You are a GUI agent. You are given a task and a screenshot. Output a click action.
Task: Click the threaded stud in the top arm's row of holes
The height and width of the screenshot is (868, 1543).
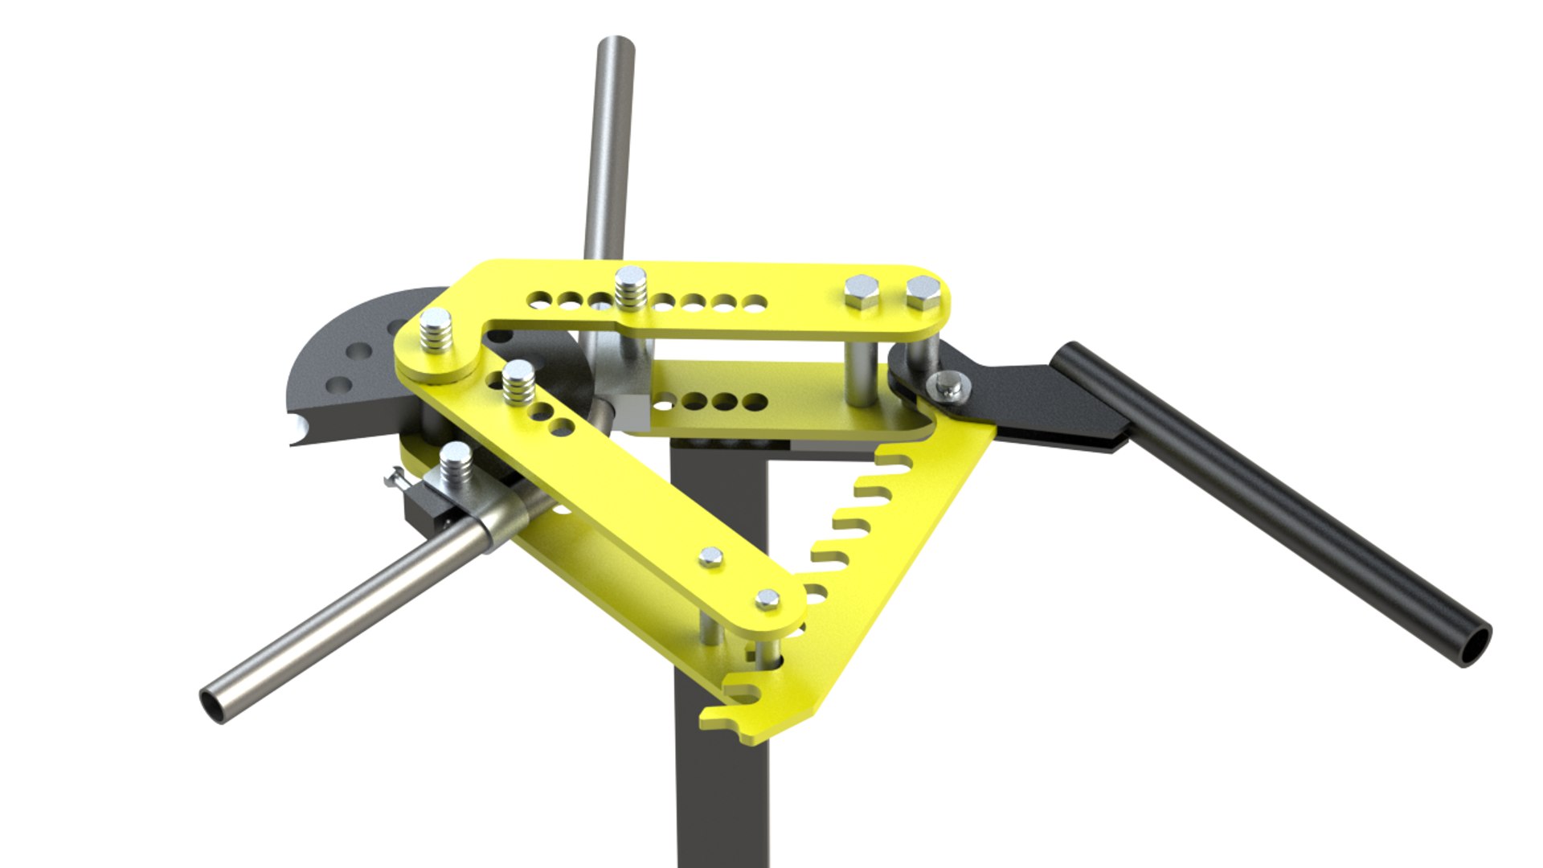pyautogui.click(x=631, y=288)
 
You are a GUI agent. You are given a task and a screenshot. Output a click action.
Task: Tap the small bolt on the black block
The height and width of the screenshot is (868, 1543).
pyautogui.click(x=396, y=480)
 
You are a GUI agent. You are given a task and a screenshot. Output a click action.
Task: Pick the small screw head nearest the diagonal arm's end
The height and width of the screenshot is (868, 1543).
pyautogui.click(x=767, y=599)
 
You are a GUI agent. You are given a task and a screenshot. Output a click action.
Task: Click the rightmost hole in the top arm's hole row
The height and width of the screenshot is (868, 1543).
pyautogui.click(x=755, y=304)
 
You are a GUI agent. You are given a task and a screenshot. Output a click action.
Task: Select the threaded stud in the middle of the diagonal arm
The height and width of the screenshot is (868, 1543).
pyautogui.click(x=518, y=383)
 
